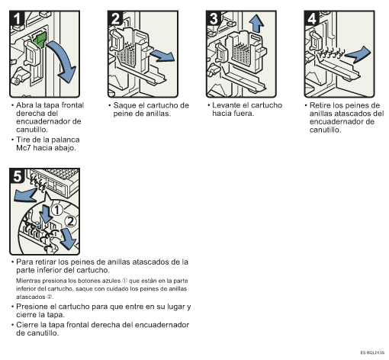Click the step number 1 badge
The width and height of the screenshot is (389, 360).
tap(17, 18)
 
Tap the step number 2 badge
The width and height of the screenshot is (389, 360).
tap(115, 18)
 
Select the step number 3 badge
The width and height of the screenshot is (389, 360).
tap(214, 18)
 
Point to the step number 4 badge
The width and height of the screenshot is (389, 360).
tap(312, 18)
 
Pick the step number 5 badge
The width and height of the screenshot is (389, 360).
tap(17, 175)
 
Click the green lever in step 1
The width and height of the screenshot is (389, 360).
tap(40, 40)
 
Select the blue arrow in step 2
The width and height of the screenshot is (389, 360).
tap(162, 56)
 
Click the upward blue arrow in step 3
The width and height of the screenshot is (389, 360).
tap(256, 24)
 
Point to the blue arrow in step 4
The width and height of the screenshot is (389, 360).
tap(358, 54)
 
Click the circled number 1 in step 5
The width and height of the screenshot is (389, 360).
tap(57, 210)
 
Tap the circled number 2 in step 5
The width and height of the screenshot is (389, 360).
tap(70, 221)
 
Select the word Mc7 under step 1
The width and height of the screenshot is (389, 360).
tap(24, 148)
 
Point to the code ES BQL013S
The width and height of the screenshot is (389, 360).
tap(372, 352)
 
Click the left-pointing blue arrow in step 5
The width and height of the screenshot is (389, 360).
tap(25, 194)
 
